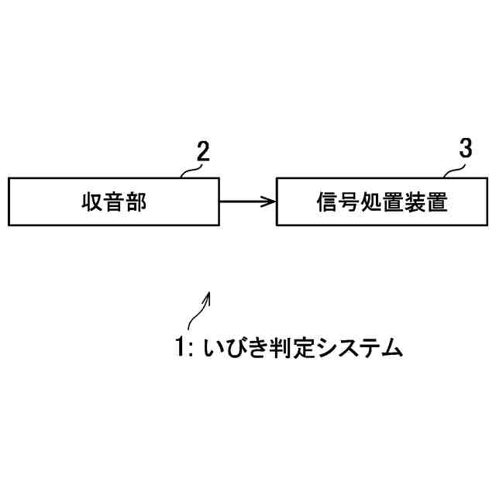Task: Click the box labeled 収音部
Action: (113, 202)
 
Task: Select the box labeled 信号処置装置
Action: (382, 202)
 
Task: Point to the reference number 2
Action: (201, 152)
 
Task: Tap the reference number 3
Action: (464, 150)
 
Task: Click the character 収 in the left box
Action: (91, 202)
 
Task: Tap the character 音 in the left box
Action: (114, 202)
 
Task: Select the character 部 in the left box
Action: (136, 202)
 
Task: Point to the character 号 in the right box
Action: (350, 202)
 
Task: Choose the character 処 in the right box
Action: (371, 202)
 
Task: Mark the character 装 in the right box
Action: (415, 202)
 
